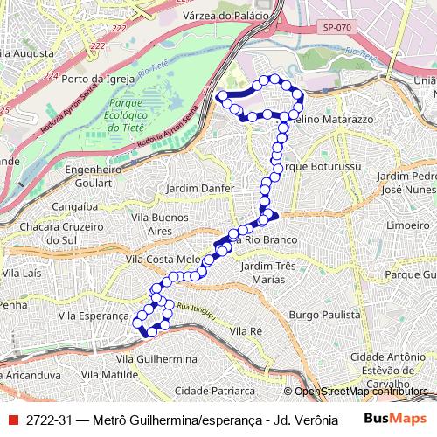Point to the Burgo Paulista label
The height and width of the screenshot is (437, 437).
(325, 313)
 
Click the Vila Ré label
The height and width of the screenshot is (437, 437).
(246, 332)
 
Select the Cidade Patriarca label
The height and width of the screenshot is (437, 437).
(214, 390)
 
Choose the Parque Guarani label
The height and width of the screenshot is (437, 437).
(410, 274)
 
